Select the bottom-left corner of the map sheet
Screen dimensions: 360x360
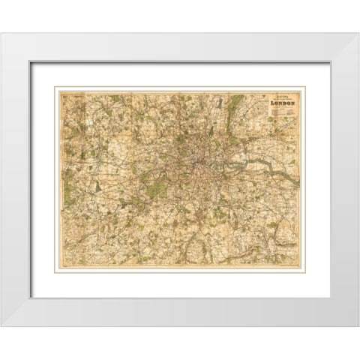[x=61, y=268]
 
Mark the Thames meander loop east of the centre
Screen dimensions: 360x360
[x=241, y=163]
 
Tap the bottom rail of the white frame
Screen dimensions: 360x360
[x=180, y=314]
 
